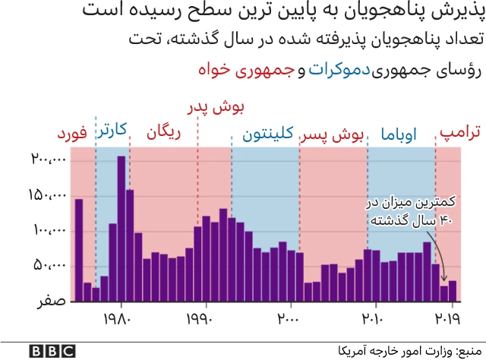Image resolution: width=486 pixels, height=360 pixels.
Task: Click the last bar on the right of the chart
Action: (453, 291)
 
